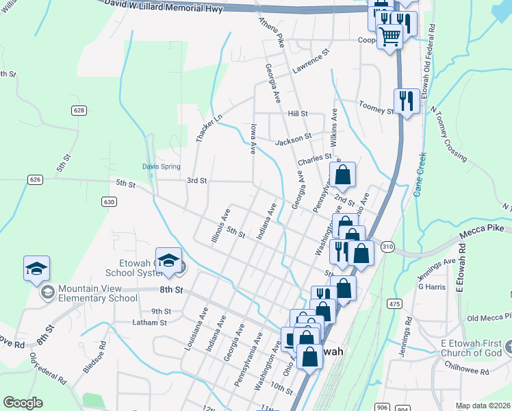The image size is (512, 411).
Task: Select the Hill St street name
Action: [x=298, y=114]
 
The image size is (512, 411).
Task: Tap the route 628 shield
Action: [x=79, y=110]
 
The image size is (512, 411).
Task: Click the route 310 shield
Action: [x=388, y=246]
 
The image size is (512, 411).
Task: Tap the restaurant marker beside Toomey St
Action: [x=407, y=101]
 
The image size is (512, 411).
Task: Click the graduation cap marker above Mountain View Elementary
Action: [x=36, y=268]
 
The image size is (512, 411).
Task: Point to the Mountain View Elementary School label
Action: [x=97, y=294]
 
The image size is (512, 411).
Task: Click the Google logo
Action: [x=23, y=403]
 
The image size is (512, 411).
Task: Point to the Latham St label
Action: [x=149, y=323]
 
